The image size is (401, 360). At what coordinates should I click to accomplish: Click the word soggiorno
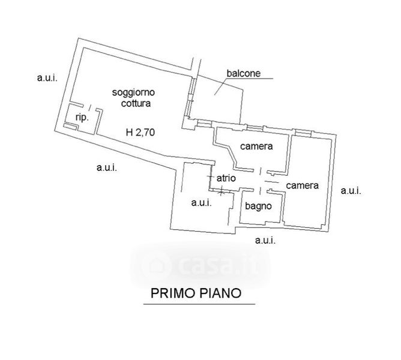click(x=133, y=93)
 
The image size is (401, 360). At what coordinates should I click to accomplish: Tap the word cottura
click(x=136, y=103)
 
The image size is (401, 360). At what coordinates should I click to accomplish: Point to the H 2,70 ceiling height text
click(x=140, y=132)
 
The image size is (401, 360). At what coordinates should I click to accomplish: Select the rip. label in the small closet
click(x=82, y=118)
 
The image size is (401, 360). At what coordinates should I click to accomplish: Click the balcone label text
click(x=244, y=73)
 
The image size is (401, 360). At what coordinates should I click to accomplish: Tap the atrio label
click(x=226, y=178)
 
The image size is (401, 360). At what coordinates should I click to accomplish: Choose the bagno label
click(x=258, y=206)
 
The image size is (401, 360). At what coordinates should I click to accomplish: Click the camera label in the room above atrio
click(x=256, y=146)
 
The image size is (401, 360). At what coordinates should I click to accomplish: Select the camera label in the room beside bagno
click(x=303, y=185)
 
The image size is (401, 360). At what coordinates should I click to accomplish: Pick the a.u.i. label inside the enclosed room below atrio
click(x=202, y=203)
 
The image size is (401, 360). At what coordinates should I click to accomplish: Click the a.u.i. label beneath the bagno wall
click(x=265, y=240)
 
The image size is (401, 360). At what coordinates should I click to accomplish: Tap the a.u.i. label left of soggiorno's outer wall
click(x=47, y=77)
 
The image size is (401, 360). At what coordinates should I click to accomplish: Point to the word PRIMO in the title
click(x=173, y=293)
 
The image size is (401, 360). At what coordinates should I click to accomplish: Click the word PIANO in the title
click(x=220, y=293)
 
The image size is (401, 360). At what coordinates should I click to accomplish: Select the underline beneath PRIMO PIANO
click(x=199, y=304)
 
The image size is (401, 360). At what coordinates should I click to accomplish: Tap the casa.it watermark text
click(x=200, y=265)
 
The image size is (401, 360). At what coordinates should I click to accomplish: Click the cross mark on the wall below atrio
click(x=222, y=190)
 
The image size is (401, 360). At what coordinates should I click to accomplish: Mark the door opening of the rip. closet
click(x=89, y=107)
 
